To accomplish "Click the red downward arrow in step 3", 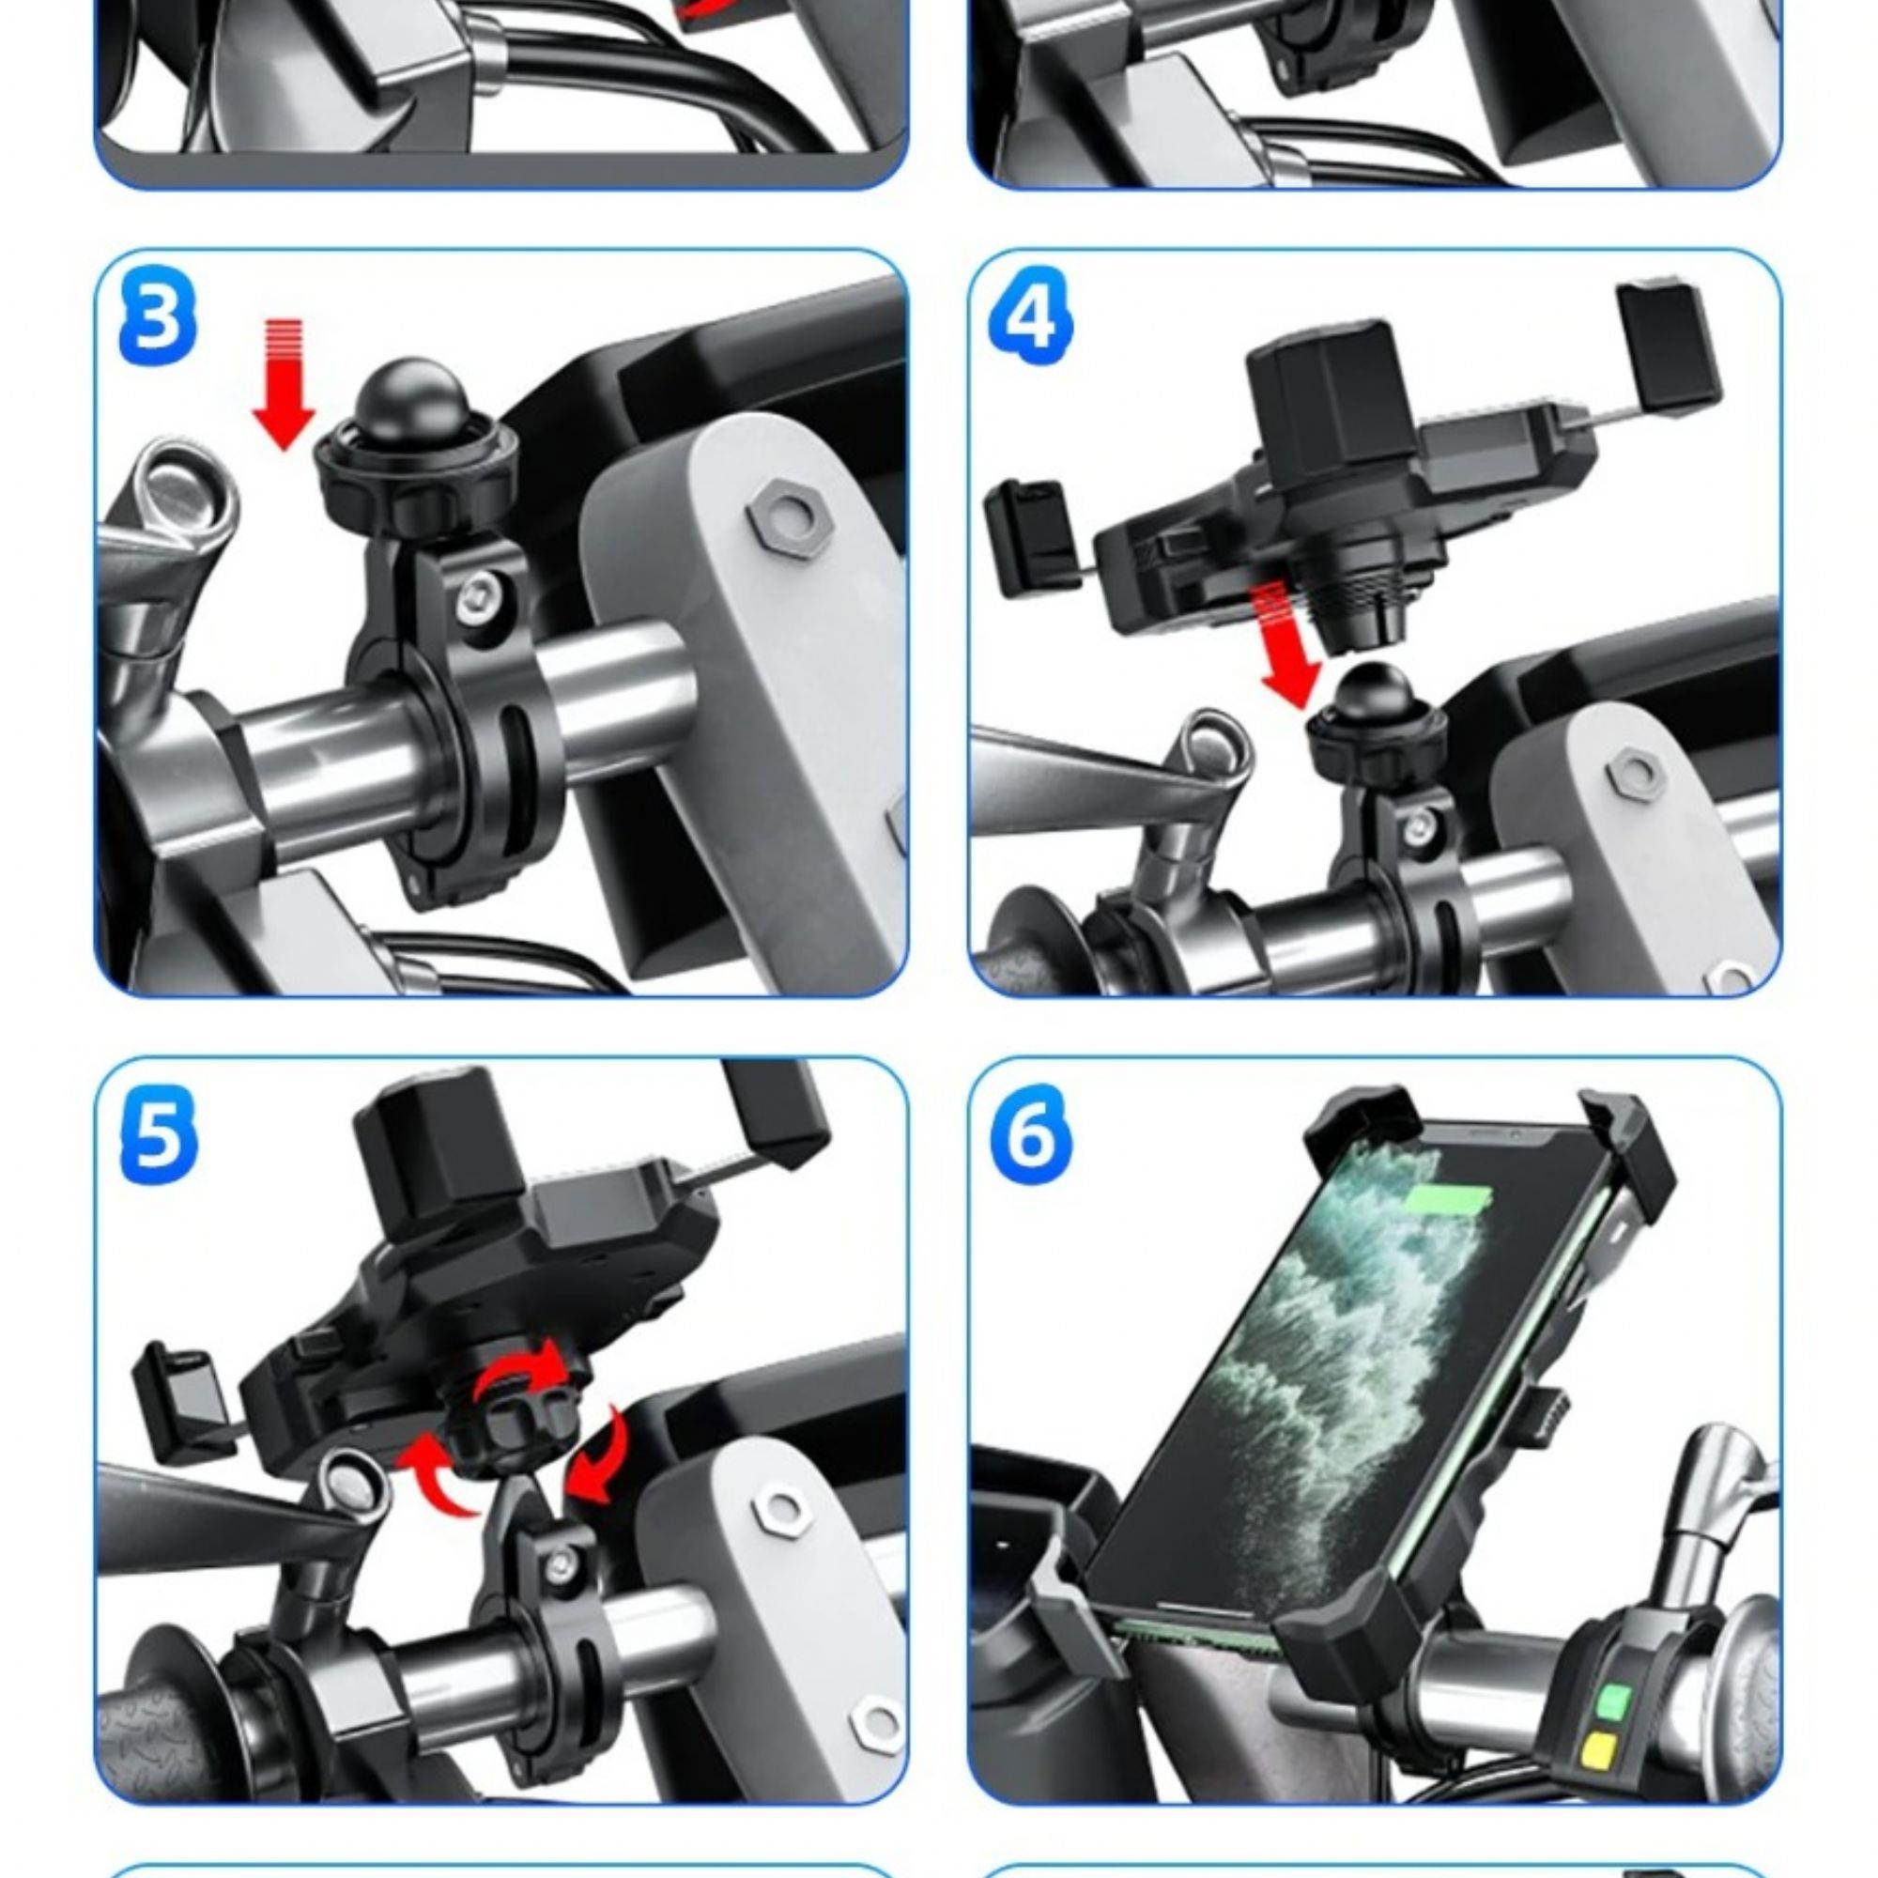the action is [x=284, y=384].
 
